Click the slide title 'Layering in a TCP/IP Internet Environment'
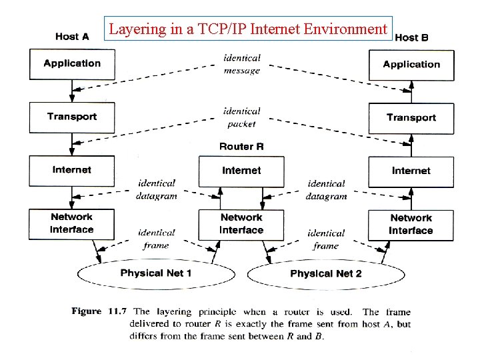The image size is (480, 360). (x=248, y=29)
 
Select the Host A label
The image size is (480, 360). (x=72, y=37)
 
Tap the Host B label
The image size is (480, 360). (x=411, y=37)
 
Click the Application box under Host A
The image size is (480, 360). (x=72, y=64)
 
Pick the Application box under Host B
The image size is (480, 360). (x=411, y=65)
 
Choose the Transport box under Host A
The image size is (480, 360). (x=72, y=117)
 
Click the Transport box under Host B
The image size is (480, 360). (x=411, y=118)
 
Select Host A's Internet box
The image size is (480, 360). (x=72, y=171)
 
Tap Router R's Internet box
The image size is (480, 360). (x=241, y=171)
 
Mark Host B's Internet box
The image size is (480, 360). (x=411, y=171)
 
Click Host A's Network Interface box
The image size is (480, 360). (x=72, y=224)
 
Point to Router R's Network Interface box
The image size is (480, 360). (x=241, y=225)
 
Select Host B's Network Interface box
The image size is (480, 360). (x=411, y=225)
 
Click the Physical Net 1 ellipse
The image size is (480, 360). (x=156, y=273)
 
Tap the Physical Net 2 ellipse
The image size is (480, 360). (x=326, y=274)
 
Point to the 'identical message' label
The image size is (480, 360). (x=242, y=64)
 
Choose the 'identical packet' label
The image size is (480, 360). (x=242, y=117)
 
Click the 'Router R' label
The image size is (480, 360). (x=241, y=147)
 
